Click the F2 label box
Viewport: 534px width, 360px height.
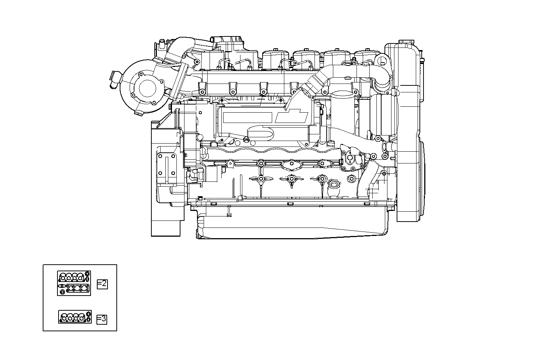click(102, 284)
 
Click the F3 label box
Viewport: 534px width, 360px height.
click(102, 319)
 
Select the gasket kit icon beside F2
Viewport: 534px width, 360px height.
click(73, 283)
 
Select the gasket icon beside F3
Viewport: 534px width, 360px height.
click(75, 317)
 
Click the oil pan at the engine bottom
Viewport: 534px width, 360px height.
click(291, 225)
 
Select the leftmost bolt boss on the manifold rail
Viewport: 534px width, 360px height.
click(202, 90)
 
